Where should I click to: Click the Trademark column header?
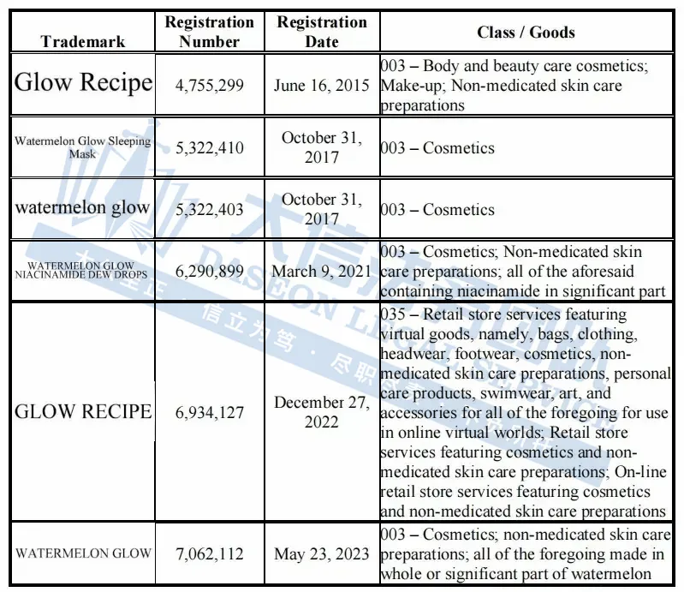pos(82,41)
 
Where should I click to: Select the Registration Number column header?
pos(209,32)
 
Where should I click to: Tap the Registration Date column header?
pos(321,32)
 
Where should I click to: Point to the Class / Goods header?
pos(526,33)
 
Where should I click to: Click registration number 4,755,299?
pos(209,86)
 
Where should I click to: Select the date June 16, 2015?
pos(321,86)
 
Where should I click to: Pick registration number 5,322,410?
pos(209,148)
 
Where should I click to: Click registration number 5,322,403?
pos(209,210)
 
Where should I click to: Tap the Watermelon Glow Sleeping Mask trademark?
pos(82,147)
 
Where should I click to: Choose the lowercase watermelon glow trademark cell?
pos(82,208)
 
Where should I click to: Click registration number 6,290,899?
pos(209,272)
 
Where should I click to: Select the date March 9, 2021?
pos(321,272)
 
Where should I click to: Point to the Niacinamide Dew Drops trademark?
pos(82,271)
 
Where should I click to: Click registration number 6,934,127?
pos(209,413)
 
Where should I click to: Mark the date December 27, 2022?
pos(321,412)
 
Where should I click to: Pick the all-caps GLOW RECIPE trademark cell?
pos(82,412)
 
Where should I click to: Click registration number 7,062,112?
pos(209,554)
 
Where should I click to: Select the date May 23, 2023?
pos(321,554)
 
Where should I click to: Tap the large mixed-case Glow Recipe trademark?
pos(83,83)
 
